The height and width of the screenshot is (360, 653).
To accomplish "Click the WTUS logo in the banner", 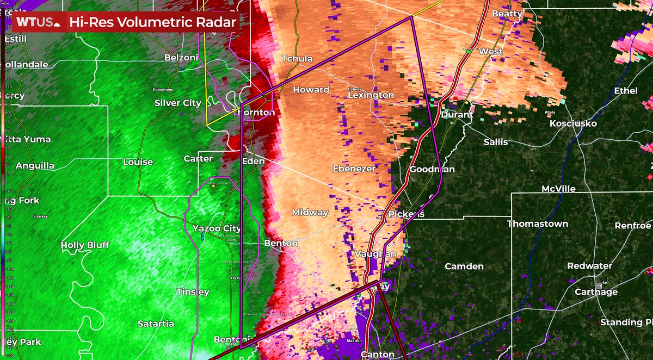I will (38, 22).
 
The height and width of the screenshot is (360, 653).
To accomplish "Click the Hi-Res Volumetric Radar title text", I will (153, 22).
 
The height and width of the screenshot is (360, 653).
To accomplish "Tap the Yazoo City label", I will (217, 228).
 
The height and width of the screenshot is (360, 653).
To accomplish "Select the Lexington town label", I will (371, 95).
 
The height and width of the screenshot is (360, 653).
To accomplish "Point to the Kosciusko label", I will (573, 124).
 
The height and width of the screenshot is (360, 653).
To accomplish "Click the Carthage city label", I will (597, 292).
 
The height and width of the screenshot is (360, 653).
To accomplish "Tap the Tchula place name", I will (297, 59).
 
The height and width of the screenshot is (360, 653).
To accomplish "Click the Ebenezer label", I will (354, 169).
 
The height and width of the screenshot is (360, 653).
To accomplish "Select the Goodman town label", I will (432, 169).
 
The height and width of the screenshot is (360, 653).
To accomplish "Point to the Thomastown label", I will (538, 224).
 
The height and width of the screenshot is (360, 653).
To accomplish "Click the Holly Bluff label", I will (85, 245).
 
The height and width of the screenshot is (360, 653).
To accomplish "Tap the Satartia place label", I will (156, 324).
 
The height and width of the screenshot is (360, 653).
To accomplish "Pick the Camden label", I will (464, 266).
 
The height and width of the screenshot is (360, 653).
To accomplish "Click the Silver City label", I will (177, 103).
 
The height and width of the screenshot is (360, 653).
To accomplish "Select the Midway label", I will (310, 213).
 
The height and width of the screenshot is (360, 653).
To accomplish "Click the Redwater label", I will (589, 266).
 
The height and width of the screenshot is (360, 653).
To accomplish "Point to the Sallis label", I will (496, 142).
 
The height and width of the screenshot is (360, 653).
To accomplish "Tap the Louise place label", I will (138, 162).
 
